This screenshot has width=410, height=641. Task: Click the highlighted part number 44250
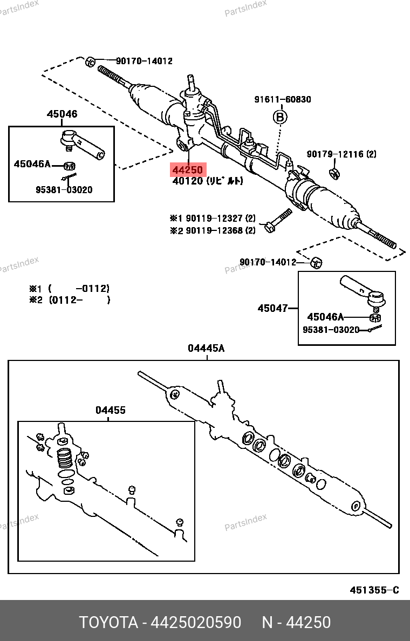pos(188,170)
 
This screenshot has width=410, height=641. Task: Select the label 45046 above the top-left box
pos(61,114)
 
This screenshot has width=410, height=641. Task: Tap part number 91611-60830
pos(283,99)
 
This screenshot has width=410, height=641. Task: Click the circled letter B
pos(280,117)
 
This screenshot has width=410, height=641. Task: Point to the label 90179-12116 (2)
pos(341,154)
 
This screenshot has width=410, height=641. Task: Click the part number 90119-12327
pos(215,219)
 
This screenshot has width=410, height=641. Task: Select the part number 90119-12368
pos(215,231)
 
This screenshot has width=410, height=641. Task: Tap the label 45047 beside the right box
pos(272,308)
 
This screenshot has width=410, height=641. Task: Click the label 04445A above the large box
pos(206,349)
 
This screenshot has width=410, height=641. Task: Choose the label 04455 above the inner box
pos(111,410)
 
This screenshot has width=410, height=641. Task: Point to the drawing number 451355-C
pos(374,590)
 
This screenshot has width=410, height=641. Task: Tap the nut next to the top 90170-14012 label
pos(91,61)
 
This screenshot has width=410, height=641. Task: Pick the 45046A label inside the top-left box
pos(32,164)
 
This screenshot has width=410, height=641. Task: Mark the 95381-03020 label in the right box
pos(331,329)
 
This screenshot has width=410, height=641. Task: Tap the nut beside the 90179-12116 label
pos(334,173)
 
